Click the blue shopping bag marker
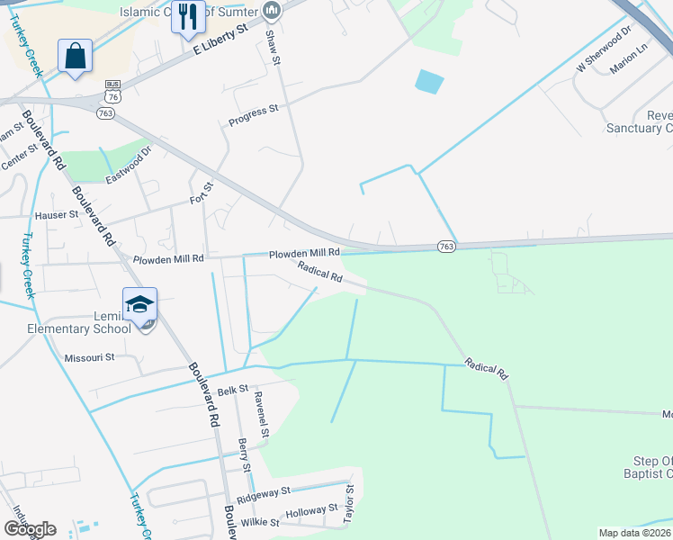(x=76, y=56)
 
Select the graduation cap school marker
(x=140, y=304)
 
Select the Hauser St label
(x=56, y=215)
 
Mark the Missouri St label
(x=89, y=357)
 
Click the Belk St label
(x=233, y=391)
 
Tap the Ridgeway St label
(x=264, y=494)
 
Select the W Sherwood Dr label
(x=600, y=53)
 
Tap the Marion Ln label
(x=629, y=58)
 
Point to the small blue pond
(x=429, y=82)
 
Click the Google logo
(x=30, y=528)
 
